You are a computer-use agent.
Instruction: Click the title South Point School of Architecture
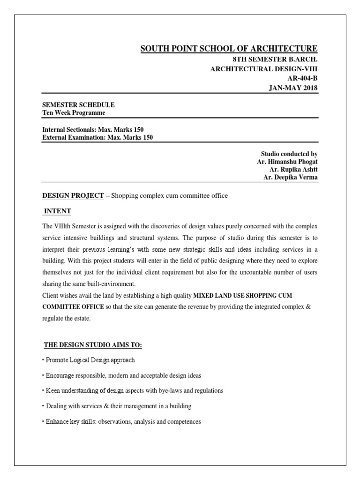[x=229, y=49]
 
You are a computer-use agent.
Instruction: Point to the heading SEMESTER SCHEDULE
[x=78, y=105]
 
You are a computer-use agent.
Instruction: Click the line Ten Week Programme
[x=74, y=113]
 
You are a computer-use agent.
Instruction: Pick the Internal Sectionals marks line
[x=96, y=129]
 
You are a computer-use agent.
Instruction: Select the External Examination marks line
[x=97, y=137]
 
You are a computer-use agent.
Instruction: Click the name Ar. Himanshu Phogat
[x=287, y=161]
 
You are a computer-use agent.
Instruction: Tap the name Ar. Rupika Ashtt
[x=293, y=169]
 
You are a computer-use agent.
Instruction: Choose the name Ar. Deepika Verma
[x=291, y=177]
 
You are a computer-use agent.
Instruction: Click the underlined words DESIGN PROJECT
[x=73, y=195]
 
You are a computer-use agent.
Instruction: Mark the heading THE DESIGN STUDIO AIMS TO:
[x=93, y=345]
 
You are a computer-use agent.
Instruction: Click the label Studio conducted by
[x=289, y=153]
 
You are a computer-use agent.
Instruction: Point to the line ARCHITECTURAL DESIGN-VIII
[x=264, y=69]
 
